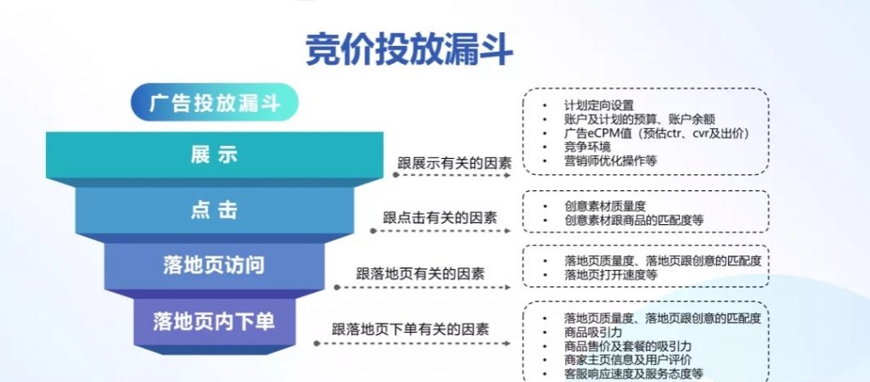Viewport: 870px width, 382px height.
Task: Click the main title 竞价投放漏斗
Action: tap(409, 48)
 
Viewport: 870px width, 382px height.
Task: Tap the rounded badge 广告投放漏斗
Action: tap(215, 102)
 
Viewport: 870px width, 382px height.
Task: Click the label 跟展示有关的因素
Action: tap(455, 164)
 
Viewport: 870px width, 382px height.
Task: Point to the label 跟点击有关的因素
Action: tap(440, 218)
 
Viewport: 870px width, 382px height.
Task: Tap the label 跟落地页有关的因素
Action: tap(420, 273)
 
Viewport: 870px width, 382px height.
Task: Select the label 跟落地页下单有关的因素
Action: tap(410, 329)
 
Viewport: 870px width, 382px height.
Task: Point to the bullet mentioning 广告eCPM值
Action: tap(657, 133)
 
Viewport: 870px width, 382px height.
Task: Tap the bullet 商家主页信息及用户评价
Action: tap(628, 361)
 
